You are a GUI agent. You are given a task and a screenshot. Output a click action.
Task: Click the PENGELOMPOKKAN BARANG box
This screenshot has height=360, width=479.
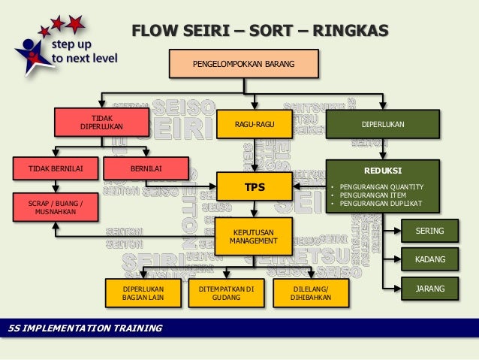coord(243,64)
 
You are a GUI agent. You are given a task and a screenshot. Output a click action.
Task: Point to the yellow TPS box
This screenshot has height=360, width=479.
coord(255,186)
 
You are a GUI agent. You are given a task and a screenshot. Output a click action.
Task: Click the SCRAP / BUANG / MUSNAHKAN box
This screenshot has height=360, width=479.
coord(56,207)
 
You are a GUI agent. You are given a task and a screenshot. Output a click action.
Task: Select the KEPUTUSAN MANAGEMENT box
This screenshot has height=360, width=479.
coord(255,237)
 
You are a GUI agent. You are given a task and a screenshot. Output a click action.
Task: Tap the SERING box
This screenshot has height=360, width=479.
coord(429,231)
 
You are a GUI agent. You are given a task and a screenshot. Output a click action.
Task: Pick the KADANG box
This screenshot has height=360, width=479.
coord(429,260)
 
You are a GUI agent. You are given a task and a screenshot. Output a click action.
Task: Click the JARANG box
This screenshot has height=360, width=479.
coord(429,288)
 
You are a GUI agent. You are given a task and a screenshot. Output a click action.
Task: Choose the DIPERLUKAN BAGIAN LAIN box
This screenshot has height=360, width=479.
coord(143,293)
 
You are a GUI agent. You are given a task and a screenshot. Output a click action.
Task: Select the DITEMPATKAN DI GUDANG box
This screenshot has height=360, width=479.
coord(227,293)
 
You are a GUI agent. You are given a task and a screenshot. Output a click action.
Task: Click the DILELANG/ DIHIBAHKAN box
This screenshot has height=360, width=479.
coord(310,293)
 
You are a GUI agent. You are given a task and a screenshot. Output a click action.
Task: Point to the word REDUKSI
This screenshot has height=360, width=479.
coord(381,171)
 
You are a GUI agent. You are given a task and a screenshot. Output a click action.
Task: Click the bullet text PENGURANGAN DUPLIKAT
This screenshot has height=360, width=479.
coord(381,204)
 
